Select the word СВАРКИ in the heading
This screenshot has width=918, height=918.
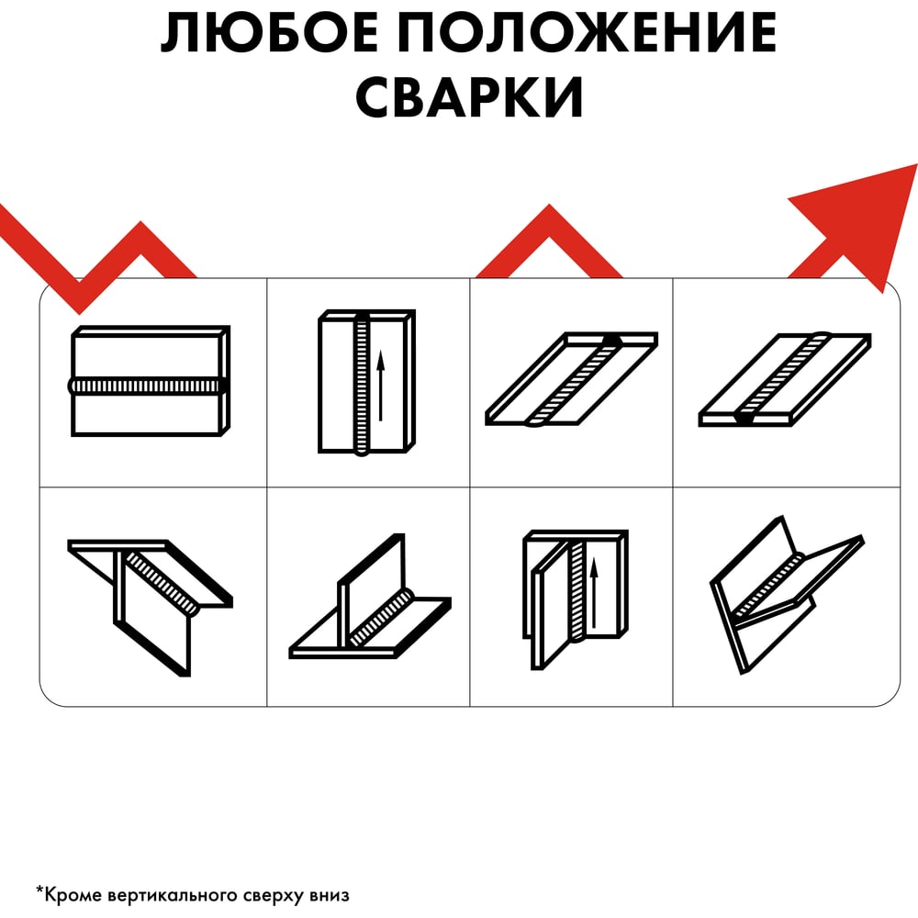point(469,96)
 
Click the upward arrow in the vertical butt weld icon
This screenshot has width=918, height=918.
point(381,386)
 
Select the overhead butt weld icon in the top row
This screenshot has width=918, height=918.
point(572,379)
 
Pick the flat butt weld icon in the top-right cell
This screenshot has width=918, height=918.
point(785,379)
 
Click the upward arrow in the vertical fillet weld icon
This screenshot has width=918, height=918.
point(594,592)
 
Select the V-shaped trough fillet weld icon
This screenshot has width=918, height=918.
point(788,595)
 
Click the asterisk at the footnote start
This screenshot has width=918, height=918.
point(39,891)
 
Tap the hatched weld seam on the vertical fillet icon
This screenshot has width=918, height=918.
point(577,590)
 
